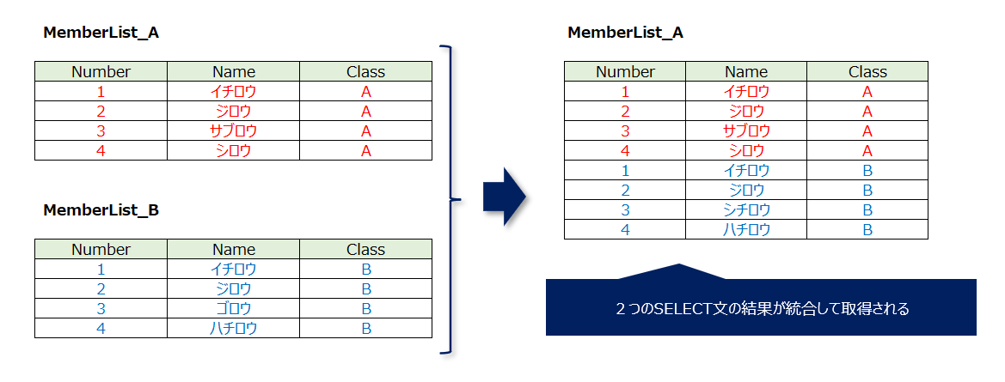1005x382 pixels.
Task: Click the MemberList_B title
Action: (101, 209)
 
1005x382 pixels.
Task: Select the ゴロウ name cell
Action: (234, 308)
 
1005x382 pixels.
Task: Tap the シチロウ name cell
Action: (746, 209)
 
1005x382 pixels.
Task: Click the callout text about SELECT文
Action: (762, 308)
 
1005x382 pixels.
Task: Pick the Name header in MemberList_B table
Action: (234, 250)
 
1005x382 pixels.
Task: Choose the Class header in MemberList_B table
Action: (365, 250)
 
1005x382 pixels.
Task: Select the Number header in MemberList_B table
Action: (101, 250)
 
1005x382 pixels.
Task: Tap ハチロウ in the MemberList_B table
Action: (234, 328)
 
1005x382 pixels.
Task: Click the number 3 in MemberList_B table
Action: (101, 308)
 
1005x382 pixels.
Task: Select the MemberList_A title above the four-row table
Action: (101, 33)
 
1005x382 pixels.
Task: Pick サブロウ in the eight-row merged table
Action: (746, 130)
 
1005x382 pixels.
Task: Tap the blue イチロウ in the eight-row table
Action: (746, 170)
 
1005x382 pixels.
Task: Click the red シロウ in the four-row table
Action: (234, 150)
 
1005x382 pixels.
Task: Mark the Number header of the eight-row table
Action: (625, 72)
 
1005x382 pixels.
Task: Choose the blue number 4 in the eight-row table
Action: (625, 229)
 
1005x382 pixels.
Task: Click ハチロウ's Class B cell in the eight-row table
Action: (867, 229)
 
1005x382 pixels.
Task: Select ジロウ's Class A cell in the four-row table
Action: (365, 111)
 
